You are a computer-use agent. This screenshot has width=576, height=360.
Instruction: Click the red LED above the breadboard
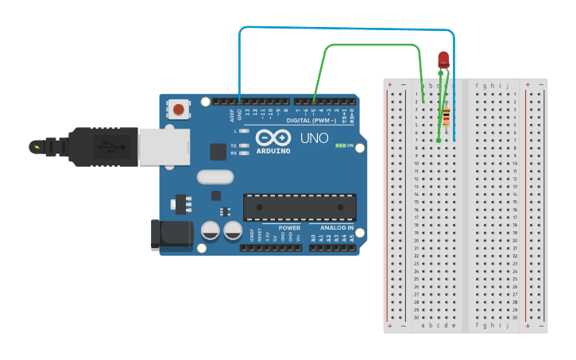[443, 59]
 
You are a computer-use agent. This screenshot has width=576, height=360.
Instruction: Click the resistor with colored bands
[446, 118]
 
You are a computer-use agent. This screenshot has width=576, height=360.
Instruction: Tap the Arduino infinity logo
[273, 138]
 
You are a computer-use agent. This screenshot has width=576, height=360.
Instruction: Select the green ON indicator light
[341, 145]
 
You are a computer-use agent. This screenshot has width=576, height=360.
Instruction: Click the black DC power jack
[171, 234]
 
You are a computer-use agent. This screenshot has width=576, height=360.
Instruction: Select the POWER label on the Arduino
[289, 228]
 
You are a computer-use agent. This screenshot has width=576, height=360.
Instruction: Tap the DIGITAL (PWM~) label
[313, 121]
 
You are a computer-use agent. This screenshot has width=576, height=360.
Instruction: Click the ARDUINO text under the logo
[273, 151]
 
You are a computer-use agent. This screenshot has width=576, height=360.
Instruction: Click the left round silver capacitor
[210, 230]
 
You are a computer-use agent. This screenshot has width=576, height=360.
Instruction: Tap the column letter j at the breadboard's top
[506, 85]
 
